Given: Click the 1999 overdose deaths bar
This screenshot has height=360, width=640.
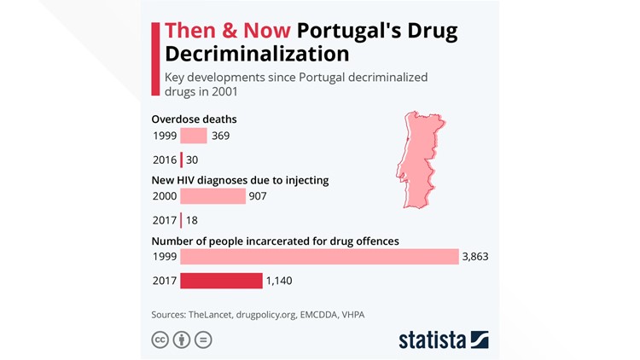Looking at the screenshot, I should [x=194, y=136].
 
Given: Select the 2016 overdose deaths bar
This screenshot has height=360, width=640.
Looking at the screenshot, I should [x=182, y=160].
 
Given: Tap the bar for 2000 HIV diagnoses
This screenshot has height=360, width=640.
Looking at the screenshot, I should [x=212, y=196].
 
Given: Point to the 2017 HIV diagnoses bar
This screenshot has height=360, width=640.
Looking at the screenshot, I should [x=182, y=220].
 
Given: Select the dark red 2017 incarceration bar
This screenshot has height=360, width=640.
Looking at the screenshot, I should [x=221, y=281].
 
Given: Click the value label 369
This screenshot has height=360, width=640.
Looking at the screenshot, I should [x=220, y=136].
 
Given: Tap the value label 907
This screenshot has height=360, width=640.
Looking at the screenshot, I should [x=258, y=196].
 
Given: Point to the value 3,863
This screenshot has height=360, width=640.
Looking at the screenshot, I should [x=475, y=257].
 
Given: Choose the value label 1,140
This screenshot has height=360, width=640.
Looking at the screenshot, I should [x=280, y=281].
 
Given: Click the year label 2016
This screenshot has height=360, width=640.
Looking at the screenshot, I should [x=165, y=160].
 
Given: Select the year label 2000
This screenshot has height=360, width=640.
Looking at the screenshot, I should [x=165, y=196].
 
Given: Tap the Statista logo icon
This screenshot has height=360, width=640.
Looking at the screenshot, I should [x=480, y=340].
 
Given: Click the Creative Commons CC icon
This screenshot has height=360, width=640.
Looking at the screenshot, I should [x=160, y=340].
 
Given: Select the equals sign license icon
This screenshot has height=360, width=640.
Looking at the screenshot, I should [x=203, y=340].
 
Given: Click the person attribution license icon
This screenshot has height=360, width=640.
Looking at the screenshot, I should [x=182, y=340].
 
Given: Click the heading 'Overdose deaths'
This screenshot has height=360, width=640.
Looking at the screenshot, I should [x=194, y=119].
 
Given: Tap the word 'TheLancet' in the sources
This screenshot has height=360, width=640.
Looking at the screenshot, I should [x=210, y=314].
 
